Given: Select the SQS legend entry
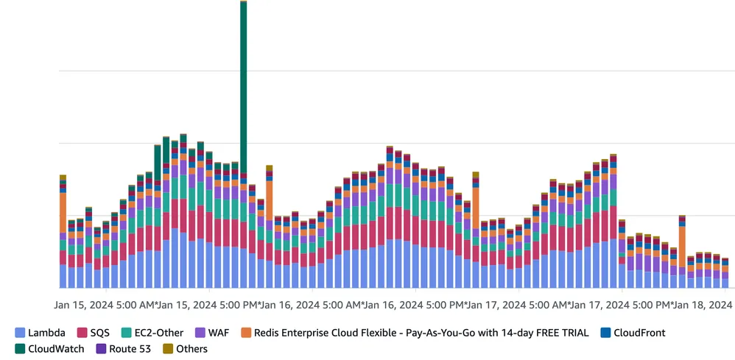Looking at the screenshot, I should point(99,333).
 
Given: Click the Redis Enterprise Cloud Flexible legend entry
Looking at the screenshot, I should point(412,333).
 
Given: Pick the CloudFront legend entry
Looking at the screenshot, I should point(639,333).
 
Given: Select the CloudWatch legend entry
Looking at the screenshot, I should point(56,349).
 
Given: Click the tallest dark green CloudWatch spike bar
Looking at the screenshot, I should point(243,88).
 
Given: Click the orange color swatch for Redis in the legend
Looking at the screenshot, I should point(246,333).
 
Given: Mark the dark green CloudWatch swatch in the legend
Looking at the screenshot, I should point(20,349).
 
